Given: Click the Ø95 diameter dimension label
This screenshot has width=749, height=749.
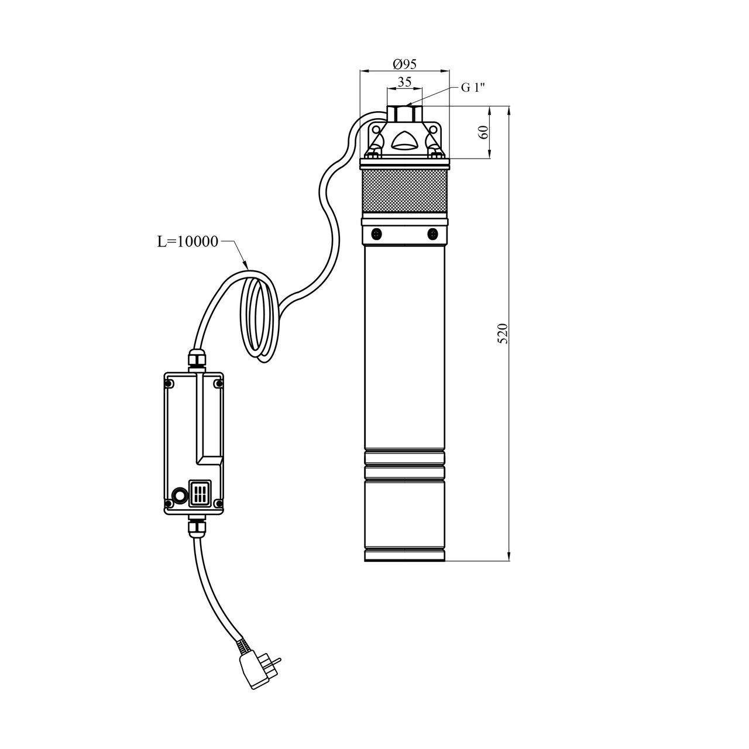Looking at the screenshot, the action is tap(404, 64).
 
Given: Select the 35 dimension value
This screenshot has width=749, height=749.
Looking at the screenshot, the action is tap(404, 82).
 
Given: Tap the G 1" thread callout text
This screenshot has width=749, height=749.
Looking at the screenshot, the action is tap(473, 87).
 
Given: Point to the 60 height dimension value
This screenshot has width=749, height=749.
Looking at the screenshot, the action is tap(483, 133).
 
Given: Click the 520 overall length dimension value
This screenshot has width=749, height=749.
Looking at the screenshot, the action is tap(503, 334).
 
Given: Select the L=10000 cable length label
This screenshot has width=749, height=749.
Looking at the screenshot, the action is tap(187, 242).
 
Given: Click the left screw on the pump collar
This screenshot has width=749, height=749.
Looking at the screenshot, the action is tap(376, 233).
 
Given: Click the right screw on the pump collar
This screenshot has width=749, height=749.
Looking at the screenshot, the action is tap(432, 233).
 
